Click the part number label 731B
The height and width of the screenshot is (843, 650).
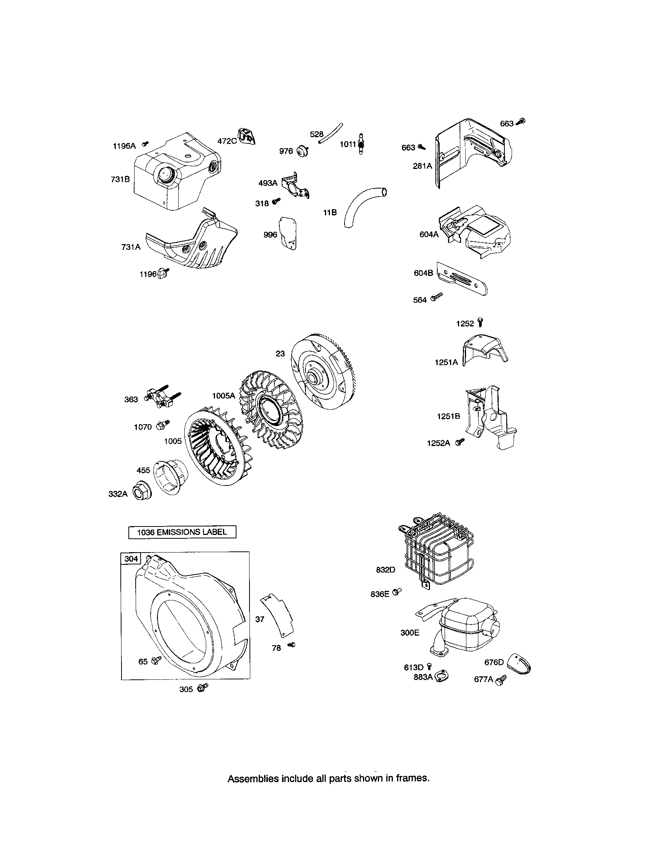point(120,179)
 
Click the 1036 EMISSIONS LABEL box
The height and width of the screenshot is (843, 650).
point(182,532)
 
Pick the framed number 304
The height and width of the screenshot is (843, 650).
point(131,559)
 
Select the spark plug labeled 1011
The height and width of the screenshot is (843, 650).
point(362,144)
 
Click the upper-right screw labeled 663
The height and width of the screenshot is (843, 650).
point(521,121)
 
